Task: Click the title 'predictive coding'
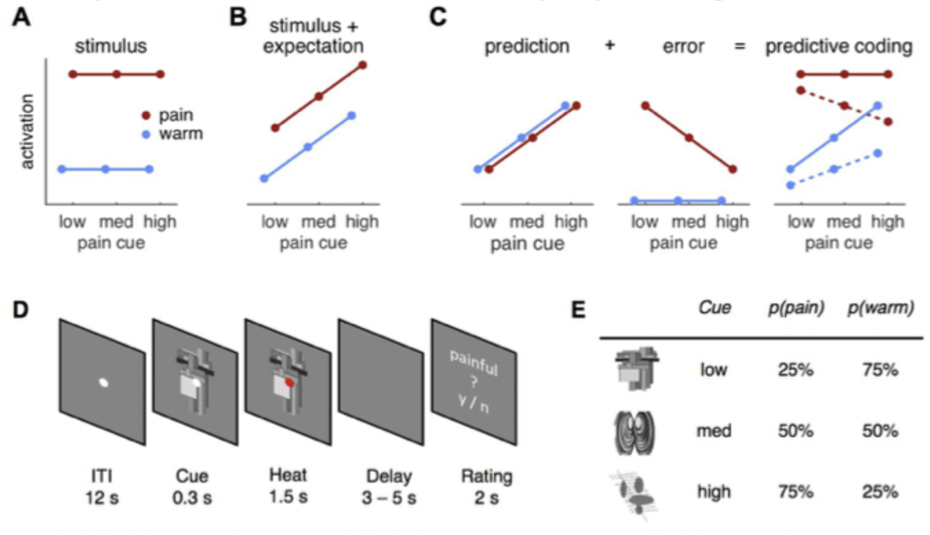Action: [839, 47]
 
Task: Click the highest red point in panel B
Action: [363, 65]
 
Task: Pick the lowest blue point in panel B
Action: [264, 179]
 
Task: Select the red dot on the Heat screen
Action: [289, 381]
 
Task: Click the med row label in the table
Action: [714, 431]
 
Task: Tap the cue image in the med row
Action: [633, 432]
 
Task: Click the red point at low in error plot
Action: [645, 105]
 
